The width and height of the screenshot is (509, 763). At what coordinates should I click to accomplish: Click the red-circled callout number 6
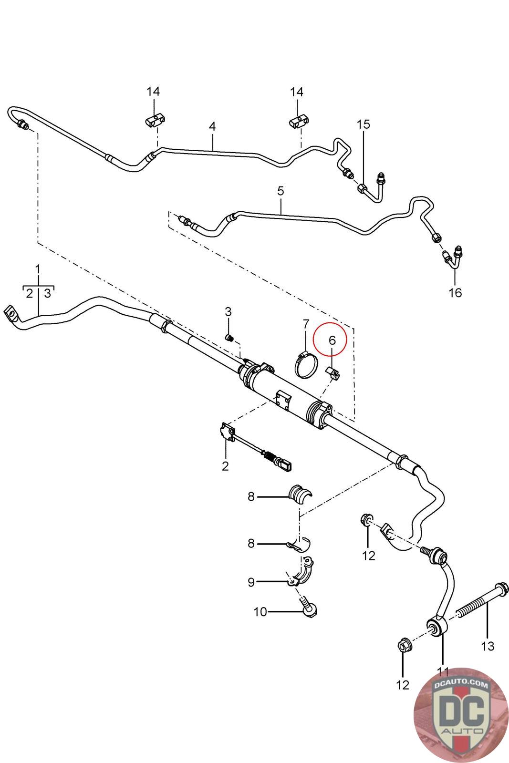(x=332, y=340)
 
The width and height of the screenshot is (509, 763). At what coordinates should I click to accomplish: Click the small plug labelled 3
(x=230, y=338)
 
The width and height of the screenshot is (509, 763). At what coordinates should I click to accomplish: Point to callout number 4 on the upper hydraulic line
(x=212, y=126)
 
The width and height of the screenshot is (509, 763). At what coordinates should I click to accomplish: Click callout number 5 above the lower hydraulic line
(x=280, y=191)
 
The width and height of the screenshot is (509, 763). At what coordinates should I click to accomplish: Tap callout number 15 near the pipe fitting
(x=364, y=124)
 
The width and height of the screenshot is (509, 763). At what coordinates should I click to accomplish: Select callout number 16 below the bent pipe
(x=456, y=292)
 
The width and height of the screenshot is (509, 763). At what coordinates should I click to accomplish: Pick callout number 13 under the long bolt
(x=488, y=646)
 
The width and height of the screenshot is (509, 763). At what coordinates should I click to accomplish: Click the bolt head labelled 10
(x=310, y=610)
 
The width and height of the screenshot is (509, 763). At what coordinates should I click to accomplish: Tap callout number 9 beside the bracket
(x=251, y=582)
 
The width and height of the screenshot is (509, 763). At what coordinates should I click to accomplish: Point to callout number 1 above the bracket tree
(x=38, y=269)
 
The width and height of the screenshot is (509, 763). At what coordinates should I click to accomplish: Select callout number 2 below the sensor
(x=225, y=466)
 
